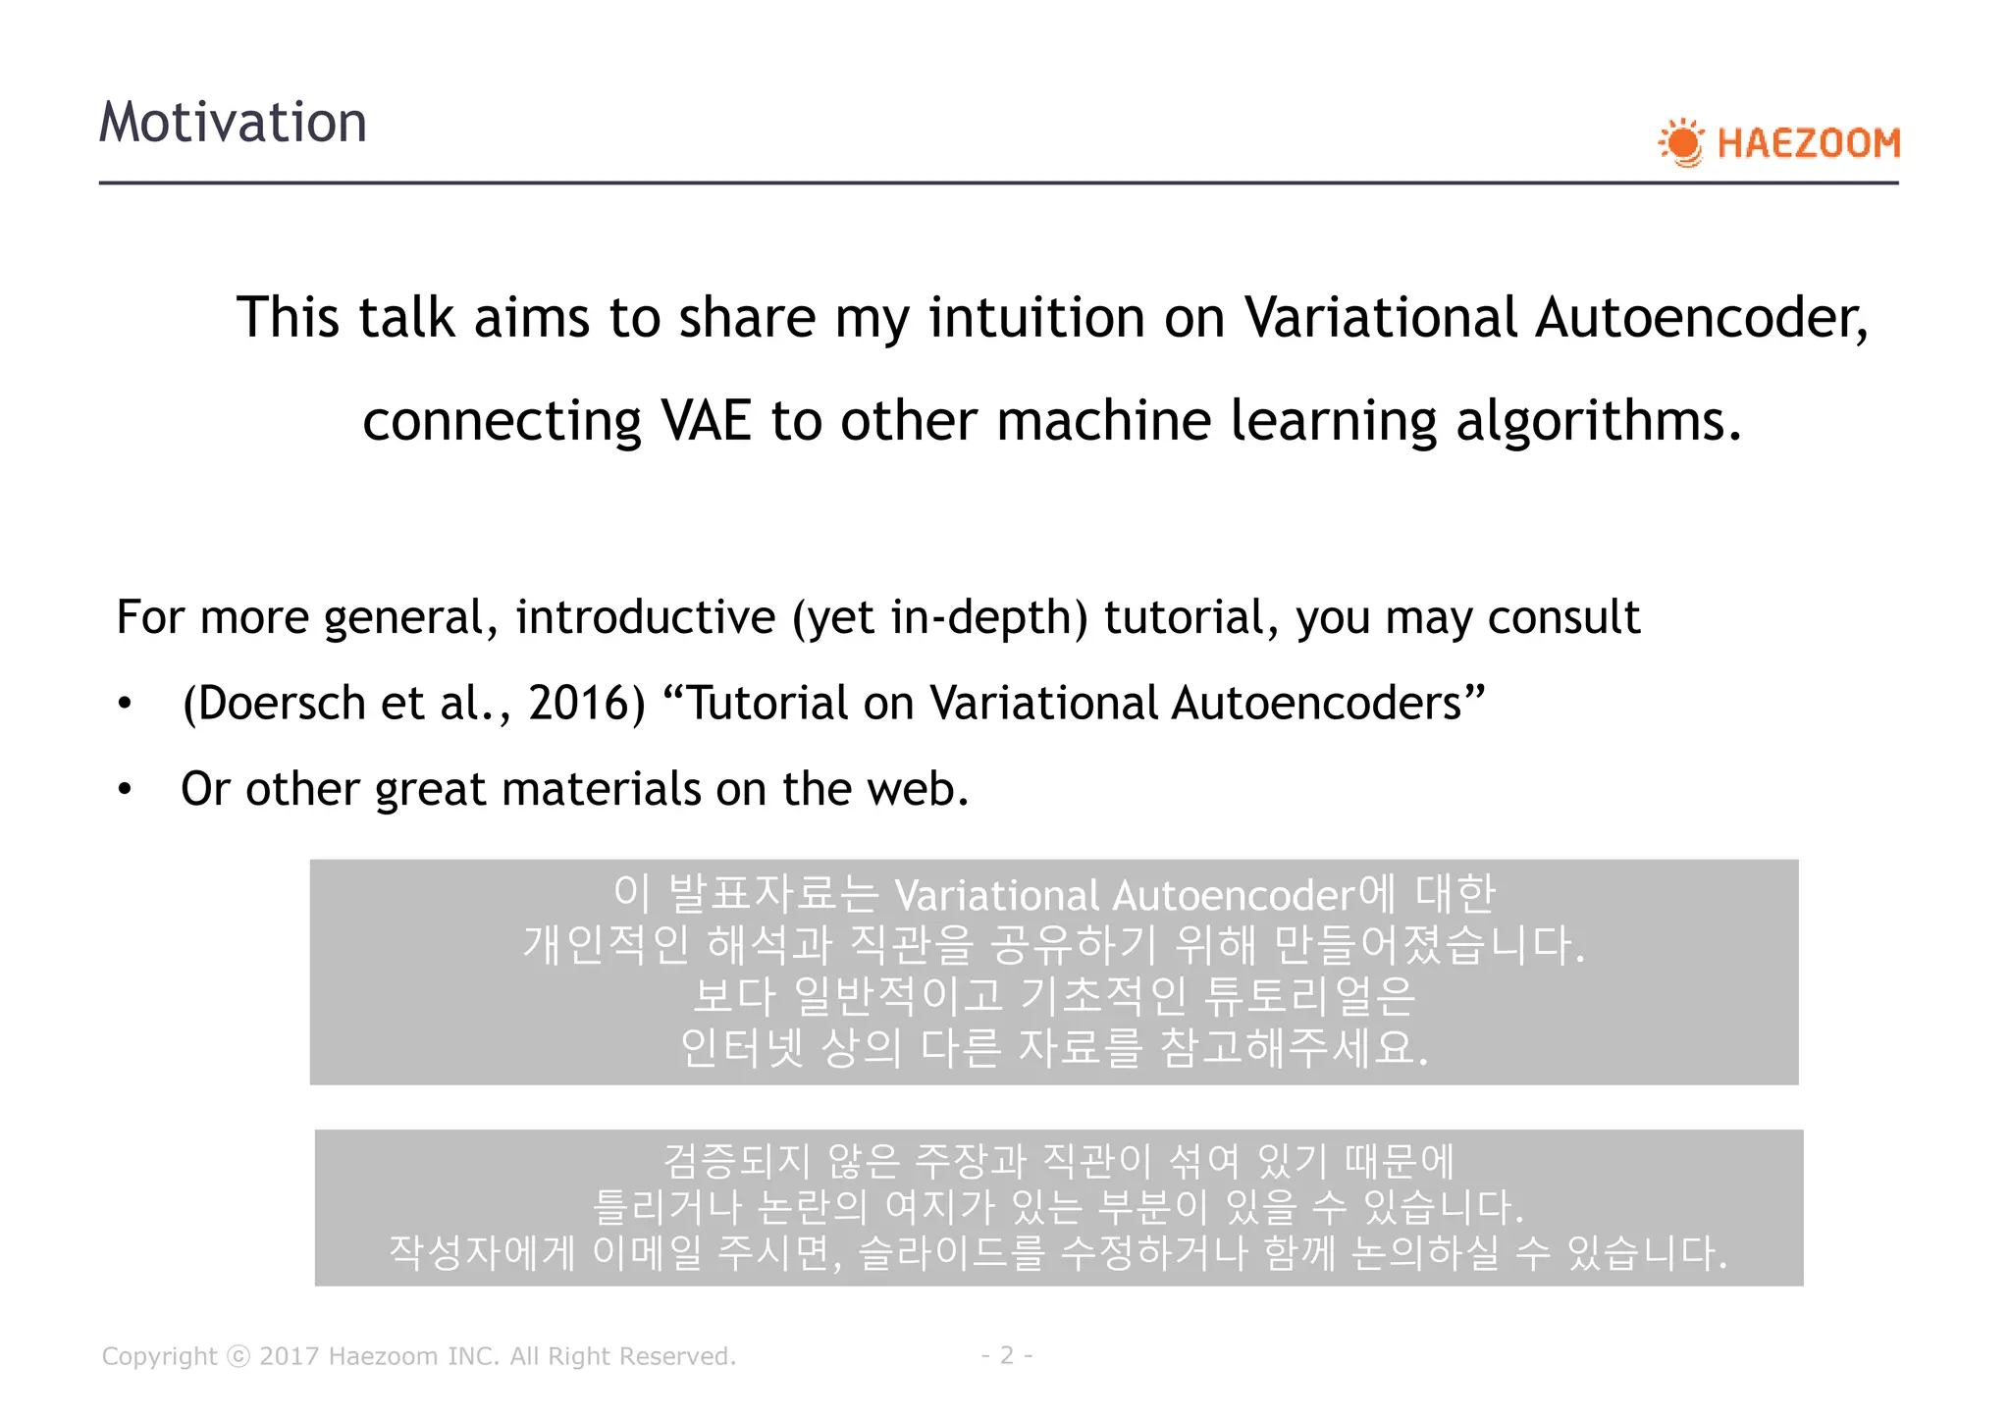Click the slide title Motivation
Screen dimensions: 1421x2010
coord(233,123)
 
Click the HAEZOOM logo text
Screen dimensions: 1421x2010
coord(1808,144)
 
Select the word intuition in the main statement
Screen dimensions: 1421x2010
coord(1036,318)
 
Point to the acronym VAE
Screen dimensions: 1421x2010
coord(706,421)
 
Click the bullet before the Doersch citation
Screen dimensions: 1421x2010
coord(125,704)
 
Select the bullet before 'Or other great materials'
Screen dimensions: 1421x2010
coord(125,790)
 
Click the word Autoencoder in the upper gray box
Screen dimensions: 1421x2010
coord(1234,896)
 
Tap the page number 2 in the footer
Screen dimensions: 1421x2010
coord(1006,1355)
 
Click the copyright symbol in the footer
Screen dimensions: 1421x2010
coord(238,1356)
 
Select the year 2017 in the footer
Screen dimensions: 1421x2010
coord(290,1356)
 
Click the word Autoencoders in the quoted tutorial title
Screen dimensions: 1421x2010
coord(1327,704)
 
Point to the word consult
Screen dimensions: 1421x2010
coord(1563,618)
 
